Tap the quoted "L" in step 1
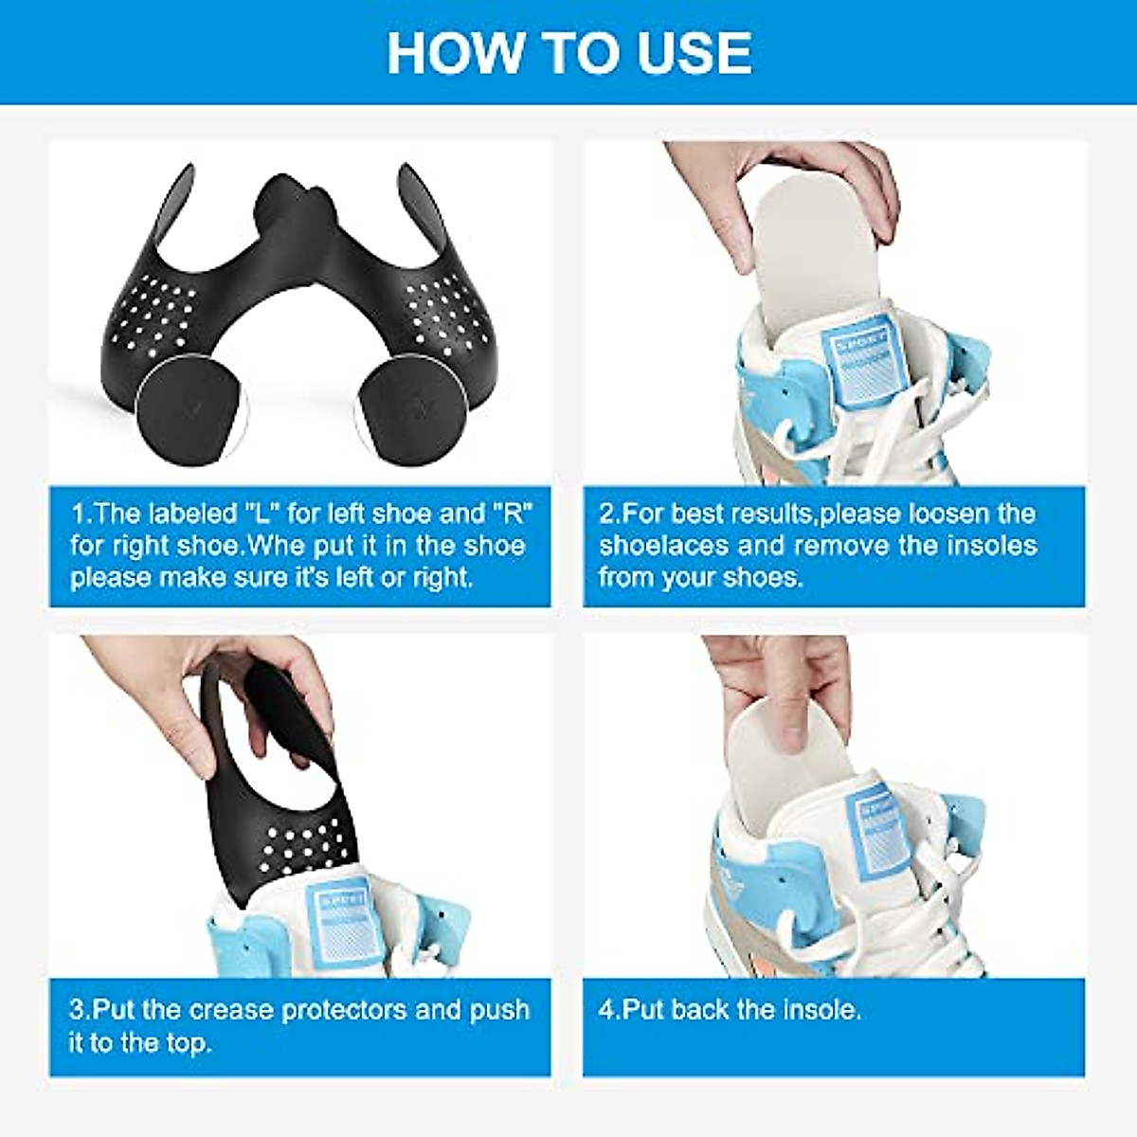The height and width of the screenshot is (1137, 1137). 261,514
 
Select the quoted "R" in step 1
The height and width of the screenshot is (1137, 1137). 512,514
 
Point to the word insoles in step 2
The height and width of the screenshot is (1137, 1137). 991,546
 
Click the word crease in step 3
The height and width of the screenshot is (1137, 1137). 231,1010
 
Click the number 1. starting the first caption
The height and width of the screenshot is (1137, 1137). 81,514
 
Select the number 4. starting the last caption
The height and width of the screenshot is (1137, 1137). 608,1010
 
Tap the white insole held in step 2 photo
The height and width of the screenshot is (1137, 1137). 805,246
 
